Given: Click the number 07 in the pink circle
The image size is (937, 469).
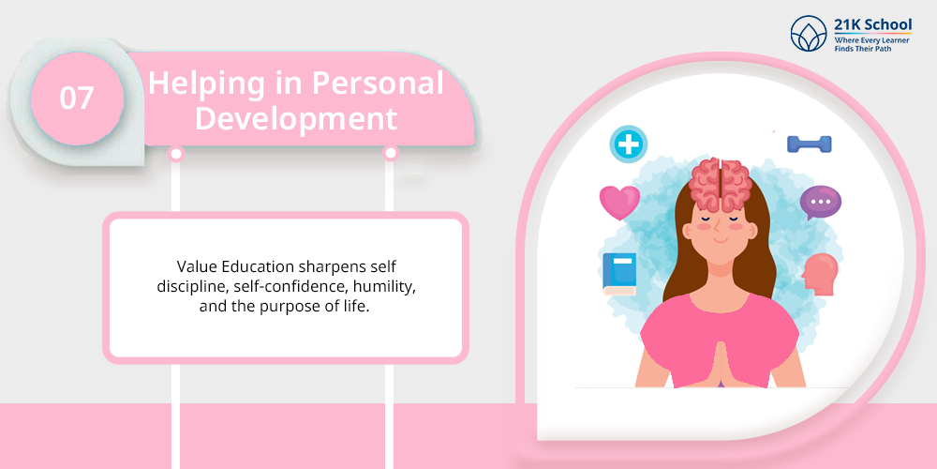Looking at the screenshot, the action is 77,98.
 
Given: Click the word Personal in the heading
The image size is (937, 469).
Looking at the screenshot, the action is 379,83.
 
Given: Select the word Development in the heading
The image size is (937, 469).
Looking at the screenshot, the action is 296,118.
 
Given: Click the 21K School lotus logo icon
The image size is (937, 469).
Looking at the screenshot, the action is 809,34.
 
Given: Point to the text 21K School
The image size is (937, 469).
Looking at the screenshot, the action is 873,24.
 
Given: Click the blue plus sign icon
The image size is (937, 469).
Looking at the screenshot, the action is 628,144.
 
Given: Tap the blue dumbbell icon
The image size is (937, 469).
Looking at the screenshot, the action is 810,144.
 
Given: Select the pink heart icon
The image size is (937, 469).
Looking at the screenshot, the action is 619,203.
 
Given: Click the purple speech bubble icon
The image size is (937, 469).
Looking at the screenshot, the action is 821,203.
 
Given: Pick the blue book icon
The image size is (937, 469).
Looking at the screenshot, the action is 619,274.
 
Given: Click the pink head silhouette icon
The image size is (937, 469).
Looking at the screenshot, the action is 820,274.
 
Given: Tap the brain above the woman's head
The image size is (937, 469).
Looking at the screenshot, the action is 720,184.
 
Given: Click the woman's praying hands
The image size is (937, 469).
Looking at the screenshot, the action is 720,364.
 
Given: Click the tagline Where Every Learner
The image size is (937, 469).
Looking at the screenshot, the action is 871,39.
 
